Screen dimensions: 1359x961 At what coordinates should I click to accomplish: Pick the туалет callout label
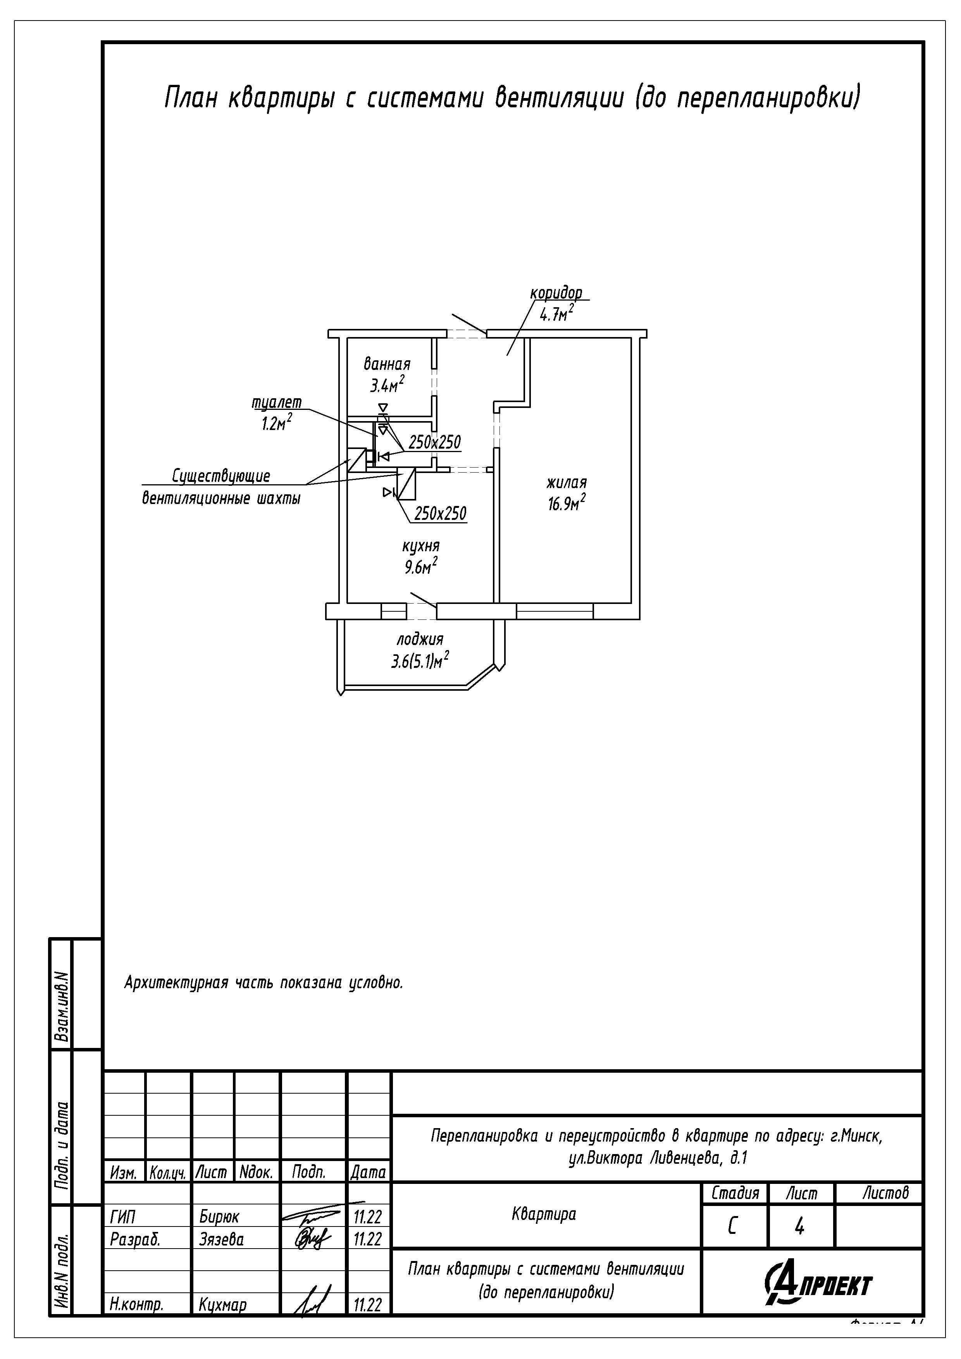[x=277, y=403]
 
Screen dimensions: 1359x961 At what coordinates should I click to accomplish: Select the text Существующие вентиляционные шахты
[x=221, y=487]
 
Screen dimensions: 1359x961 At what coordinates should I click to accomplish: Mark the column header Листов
[x=885, y=1193]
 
